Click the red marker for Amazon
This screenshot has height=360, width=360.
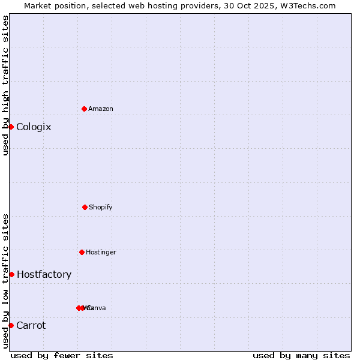[84, 109]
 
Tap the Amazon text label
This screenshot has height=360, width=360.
[100, 109]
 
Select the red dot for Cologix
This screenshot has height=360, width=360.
[11, 127]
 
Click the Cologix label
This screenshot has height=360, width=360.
[34, 127]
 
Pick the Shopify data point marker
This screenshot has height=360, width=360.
[85, 207]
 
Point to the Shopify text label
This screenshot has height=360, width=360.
[100, 208]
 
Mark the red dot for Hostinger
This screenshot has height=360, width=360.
[82, 252]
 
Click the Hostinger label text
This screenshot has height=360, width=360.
[101, 253]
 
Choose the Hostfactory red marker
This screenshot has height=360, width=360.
[11, 274]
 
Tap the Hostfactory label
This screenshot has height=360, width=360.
[44, 275]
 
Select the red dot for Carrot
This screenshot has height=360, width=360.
[11, 325]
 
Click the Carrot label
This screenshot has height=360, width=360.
[31, 326]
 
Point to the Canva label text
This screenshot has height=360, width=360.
[97, 308]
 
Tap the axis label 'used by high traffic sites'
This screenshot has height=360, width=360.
[6, 85]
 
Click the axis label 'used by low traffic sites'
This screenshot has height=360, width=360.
[6, 281]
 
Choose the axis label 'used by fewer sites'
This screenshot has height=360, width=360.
[62, 356]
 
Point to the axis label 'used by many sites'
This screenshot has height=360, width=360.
[301, 356]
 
